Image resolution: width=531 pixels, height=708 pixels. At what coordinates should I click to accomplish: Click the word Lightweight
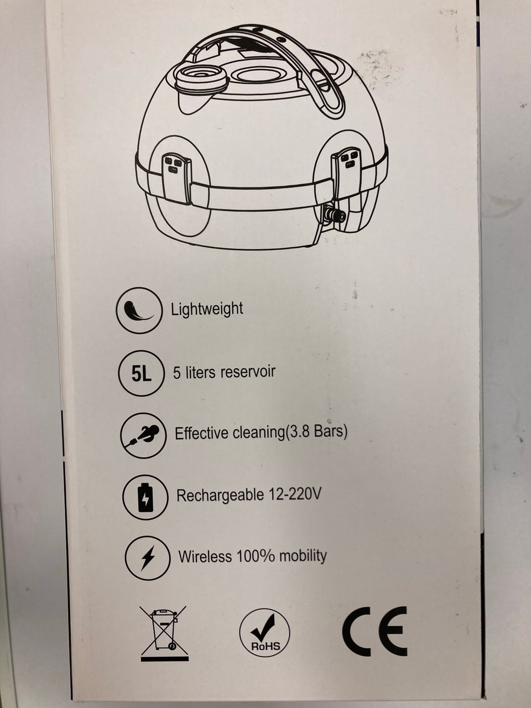207,310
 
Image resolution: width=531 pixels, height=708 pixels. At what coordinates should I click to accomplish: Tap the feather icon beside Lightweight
139,310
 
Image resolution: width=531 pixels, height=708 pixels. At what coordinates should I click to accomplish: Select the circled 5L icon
142,374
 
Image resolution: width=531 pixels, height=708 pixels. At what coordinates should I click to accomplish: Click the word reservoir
248,372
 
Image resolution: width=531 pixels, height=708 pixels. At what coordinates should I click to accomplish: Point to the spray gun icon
143,435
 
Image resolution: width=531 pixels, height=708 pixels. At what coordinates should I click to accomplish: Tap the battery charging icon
145,497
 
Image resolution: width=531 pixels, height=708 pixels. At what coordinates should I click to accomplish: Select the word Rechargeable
220,495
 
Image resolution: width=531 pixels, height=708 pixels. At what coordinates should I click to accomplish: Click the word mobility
303,555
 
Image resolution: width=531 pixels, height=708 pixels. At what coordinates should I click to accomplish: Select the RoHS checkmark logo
265,633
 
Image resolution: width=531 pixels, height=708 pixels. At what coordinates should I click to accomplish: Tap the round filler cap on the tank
202,76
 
